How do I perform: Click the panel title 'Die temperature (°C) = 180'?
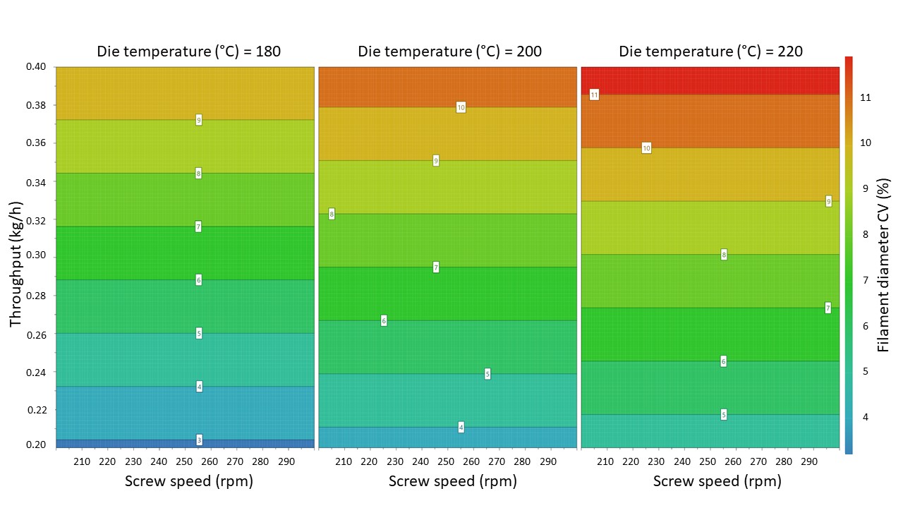(x=188, y=52)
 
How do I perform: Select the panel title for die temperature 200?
(x=449, y=52)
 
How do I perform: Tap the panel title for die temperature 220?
(x=710, y=52)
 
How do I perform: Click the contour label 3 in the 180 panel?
(x=199, y=440)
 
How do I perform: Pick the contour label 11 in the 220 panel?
(x=594, y=95)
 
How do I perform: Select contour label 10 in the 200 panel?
(x=461, y=107)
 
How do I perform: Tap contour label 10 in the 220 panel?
(x=646, y=148)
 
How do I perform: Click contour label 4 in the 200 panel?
(x=461, y=428)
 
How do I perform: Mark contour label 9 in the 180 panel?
(x=199, y=120)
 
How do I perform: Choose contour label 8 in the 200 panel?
(x=332, y=214)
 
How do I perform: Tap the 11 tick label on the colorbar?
(x=866, y=97)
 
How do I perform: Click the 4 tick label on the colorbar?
(x=866, y=417)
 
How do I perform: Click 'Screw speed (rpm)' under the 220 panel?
(x=717, y=482)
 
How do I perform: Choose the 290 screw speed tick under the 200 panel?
(x=548, y=461)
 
